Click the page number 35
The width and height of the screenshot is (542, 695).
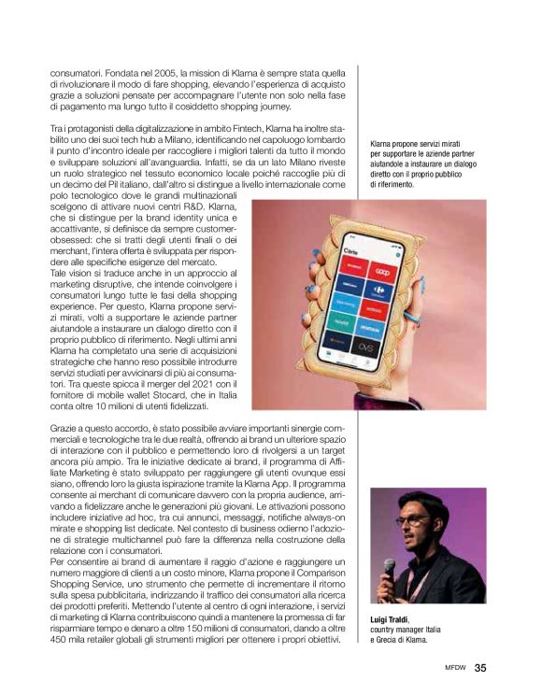(480, 667)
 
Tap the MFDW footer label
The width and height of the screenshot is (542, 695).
(455, 668)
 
